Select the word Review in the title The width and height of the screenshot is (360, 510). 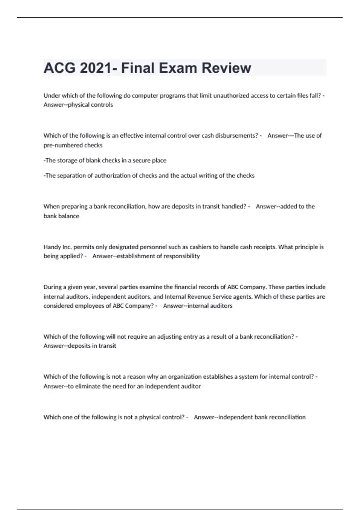coord(226,68)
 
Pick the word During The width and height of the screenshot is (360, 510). coord(53,287)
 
